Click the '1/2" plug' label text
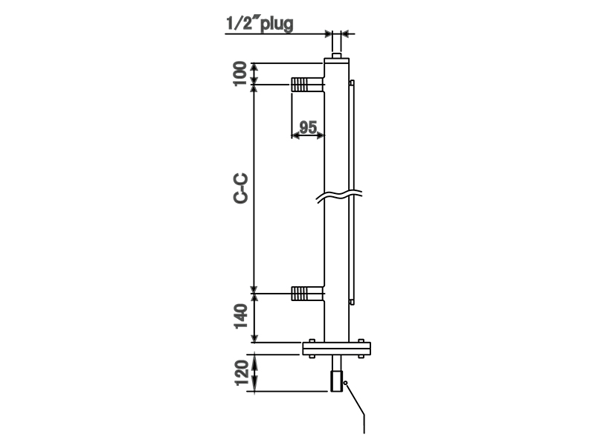(x=260, y=23)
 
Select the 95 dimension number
(x=307, y=126)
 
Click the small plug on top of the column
(x=337, y=56)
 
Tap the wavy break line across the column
(x=338, y=196)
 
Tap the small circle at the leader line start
(x=347, y=382)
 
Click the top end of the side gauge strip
(x=352, y=82)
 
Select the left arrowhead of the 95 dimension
(x=295, y=136)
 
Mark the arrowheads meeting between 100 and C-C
(x=254, y=85)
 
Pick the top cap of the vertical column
(x=337, y=64)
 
